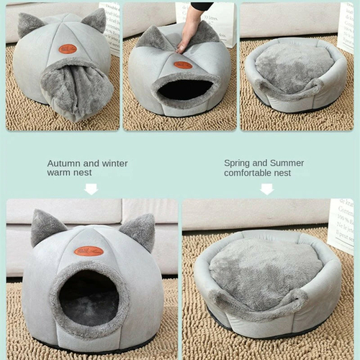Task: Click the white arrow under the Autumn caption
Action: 91,189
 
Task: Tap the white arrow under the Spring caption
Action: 266,189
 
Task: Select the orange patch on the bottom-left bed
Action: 89,251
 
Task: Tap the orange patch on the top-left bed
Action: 68,49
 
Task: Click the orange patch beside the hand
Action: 183,65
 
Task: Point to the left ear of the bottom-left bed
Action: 45,227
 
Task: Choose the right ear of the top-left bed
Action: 95,19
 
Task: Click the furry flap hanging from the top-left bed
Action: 76,90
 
